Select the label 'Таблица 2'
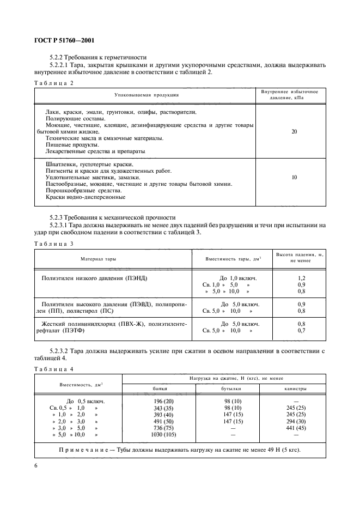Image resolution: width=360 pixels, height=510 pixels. click(53, 83)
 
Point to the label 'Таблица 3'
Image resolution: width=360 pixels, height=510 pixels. click(53, 244)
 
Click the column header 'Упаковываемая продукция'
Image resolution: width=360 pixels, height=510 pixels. click(146, 95)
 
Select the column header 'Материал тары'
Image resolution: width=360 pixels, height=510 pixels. click(98, 259)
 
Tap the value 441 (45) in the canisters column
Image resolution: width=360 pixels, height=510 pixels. click(296, 428)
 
